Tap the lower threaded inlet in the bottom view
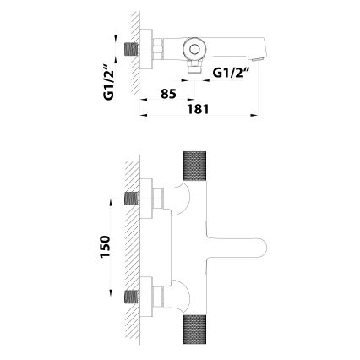(x=131, y=297)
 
